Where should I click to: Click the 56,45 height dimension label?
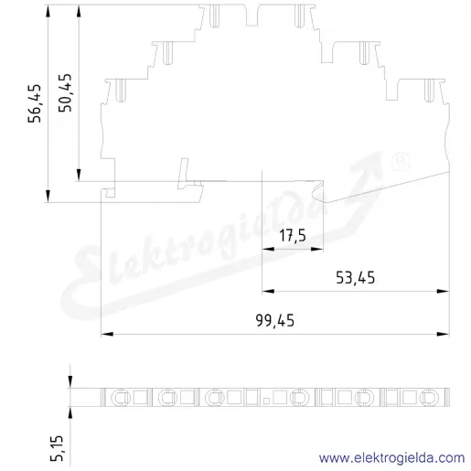[35, 103]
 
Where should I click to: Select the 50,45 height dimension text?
[66, 92]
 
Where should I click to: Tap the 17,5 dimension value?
[293, 236]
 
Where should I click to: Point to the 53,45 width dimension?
[356, 278]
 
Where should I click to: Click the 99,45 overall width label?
[275, 321]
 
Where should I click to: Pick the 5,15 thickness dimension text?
[57, 448]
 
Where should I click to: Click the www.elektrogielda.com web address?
[391, 457]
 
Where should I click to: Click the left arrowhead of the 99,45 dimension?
[107, 334]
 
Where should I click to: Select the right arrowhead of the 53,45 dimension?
[444, 291]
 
